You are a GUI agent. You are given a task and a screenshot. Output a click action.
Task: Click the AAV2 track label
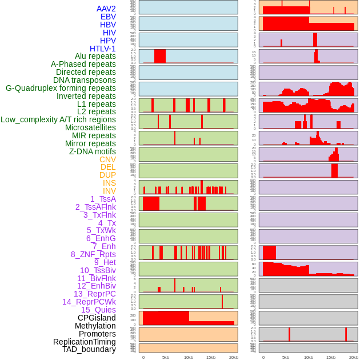tap(106, 9)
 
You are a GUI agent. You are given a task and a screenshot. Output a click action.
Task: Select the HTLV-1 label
tap(103, 49)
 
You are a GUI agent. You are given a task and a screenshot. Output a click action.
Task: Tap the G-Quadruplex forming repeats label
tap(61, 88)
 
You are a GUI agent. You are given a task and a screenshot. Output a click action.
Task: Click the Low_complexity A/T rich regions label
tap(58, 119)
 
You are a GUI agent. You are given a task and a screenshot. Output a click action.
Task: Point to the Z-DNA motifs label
tap(93, 151)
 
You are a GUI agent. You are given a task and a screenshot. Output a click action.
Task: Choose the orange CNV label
tap(107, 159)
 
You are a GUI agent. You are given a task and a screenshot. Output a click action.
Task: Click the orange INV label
tap(109, 191)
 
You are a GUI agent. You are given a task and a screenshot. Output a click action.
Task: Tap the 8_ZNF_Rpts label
tap(93, 254)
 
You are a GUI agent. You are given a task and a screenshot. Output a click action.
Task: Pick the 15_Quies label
tap(98, 310)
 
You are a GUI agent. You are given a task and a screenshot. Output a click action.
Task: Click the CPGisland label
tap(97, 318)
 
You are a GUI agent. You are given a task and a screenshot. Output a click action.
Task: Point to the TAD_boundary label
tap(89, 349)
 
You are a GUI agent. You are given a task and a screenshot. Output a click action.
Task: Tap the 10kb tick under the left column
tap(189, 357)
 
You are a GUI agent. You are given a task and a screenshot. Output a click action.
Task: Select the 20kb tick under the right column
tap(354, 357)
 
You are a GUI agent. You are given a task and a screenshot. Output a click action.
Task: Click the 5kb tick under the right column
tap(286, 357)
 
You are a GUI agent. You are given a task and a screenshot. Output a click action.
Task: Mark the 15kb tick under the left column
tap(211, 357)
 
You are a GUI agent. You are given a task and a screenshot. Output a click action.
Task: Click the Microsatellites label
tap(90, 127)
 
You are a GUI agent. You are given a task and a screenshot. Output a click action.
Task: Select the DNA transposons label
tap(85, 80)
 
